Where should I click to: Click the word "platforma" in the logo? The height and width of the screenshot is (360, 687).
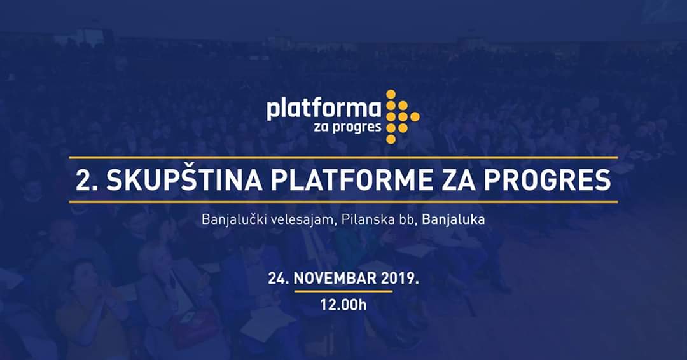[324, 109]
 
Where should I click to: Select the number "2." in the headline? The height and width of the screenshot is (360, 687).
[87, 180]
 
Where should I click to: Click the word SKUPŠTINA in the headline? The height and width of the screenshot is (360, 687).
[184, 179]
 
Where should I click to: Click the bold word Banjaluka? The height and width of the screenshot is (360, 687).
[454, 219]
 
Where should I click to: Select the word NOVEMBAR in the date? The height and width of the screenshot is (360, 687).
[335, 279]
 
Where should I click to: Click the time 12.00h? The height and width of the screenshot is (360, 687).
[343, 305]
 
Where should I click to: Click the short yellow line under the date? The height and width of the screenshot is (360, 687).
[343, 291]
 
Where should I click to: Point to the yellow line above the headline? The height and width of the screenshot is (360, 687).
[343, 158]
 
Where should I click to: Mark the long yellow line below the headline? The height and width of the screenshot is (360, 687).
[343, 202]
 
